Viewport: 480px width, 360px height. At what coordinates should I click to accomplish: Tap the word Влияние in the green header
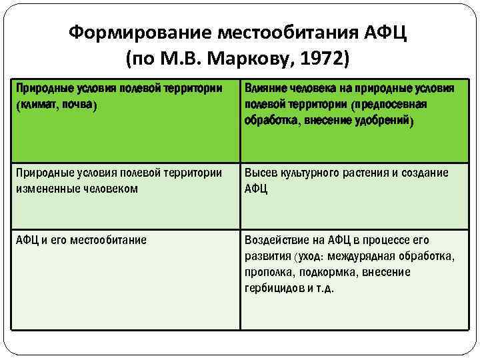(x=267, y=89)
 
